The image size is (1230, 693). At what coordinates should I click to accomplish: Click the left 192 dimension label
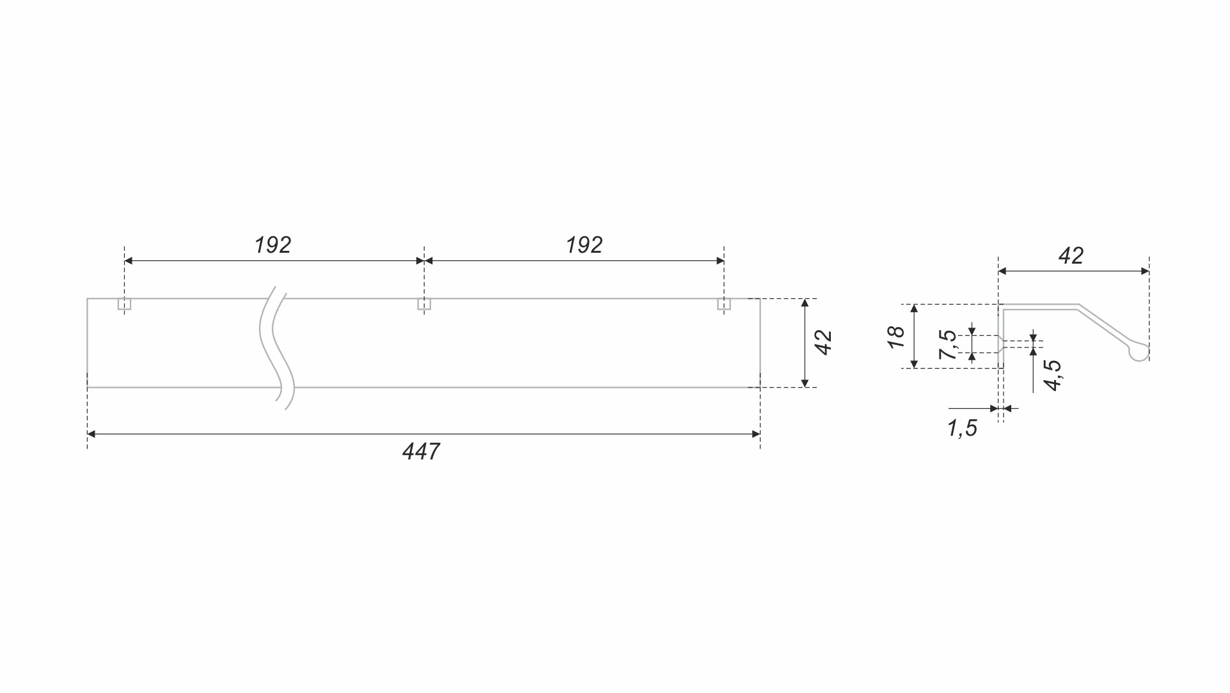pyautogui.click(x=272, y=245)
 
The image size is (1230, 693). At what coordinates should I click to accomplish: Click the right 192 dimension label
pyautogui.click(x=584, y=245)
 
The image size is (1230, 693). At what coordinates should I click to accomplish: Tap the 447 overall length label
pyautogui.click(x=421, y=452)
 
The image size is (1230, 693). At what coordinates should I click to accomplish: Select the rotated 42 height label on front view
pyautogui.click(x=824, y=342)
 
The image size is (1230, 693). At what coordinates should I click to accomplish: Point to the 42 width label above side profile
pyautogui.click(x=1071, y=256)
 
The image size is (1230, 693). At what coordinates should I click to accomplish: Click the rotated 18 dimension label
pyautogui.click(x=896, y=337)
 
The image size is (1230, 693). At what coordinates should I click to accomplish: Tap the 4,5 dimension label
pyautogui.click(x=1052, y=375)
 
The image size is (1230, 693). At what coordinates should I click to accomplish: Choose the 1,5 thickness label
pyautogui.click(x=963, y=428)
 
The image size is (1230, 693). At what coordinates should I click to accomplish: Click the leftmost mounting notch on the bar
pyautogui.click(x=124, y=304)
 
